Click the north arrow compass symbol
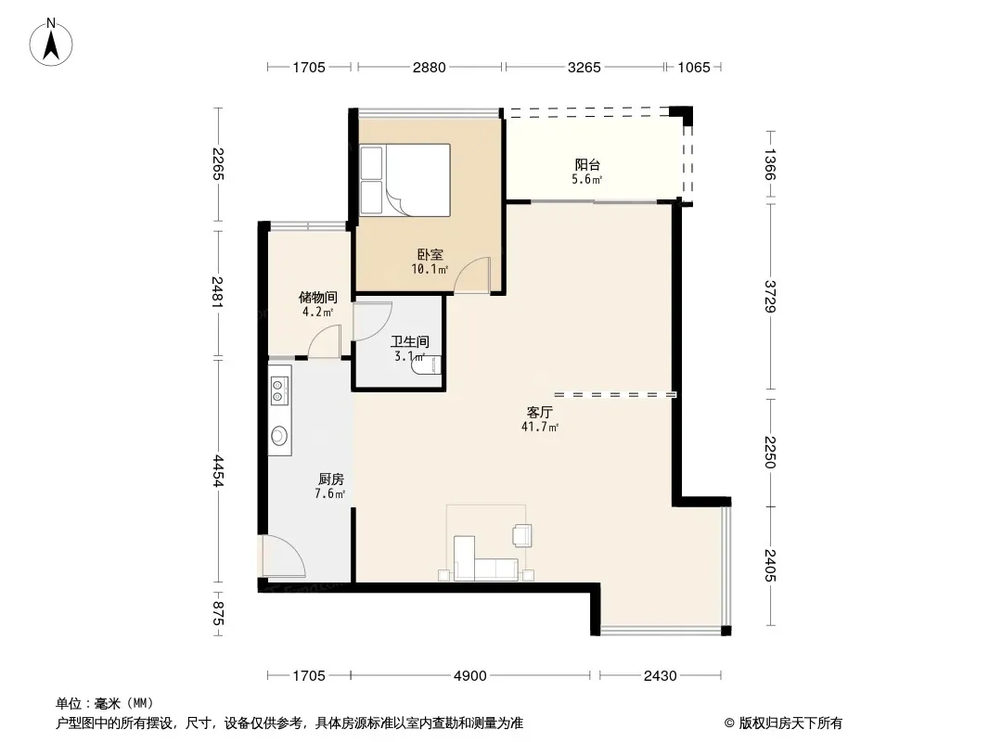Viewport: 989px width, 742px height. (51, 43)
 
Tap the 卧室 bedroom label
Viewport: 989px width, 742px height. (430, 255)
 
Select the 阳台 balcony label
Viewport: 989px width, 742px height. (587, 165)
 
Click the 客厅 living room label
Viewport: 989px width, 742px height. (540, 413)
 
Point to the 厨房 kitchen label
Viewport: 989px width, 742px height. (330, 480)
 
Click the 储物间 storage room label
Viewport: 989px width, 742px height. (318, 297)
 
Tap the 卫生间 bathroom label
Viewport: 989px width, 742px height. (410, 341)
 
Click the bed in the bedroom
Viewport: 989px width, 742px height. (405, 180)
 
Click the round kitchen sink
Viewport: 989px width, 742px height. (279, 436)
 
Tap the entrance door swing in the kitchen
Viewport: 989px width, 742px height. (283, 556)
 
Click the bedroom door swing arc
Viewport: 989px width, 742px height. (473, 275)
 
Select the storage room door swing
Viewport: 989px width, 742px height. (325, 341)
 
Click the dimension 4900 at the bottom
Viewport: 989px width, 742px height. (470, 676)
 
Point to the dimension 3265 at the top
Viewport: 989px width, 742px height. (584, 67)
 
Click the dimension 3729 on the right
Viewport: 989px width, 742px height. (769, 296)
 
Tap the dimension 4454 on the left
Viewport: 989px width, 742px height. (218, 471)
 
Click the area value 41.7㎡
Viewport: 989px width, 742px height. (540, 428)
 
